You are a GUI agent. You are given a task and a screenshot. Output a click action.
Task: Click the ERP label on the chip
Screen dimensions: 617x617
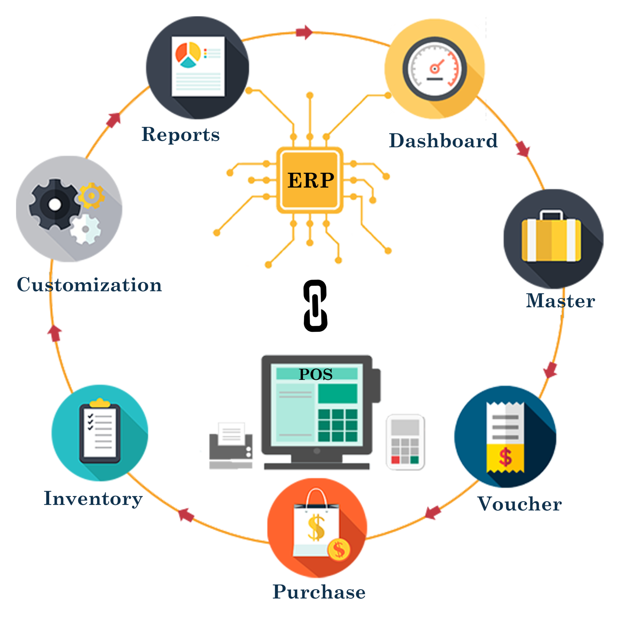pyautogui.click(x=310, y=180)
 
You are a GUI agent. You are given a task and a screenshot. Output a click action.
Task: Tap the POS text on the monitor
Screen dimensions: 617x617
pyautogui.click(x=315, y=374)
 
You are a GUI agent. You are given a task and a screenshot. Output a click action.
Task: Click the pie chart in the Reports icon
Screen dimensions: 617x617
pyautogui.click(x=188, y=55)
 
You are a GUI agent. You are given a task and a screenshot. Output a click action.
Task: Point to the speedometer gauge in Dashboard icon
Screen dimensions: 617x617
pyautogui.click(x=434, y=69)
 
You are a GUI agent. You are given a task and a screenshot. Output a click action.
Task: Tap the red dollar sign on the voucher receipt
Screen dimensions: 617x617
pyautogui.click(x=505, y=457)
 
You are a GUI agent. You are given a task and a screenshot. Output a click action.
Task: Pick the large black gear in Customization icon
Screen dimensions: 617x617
pyautogui.click(x=55, y=204)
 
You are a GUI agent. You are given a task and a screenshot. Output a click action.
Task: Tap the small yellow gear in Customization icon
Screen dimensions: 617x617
pyautogui.click(x=92, y=196)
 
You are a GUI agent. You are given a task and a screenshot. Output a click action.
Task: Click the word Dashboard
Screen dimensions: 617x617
pyautogui.click(x=443, y=141)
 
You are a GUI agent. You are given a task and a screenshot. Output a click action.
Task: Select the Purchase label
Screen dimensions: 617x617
pyautogui.click(x=319, y=592)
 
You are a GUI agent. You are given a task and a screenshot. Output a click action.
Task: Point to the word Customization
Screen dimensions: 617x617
pyautogui.click(x=89, y=285)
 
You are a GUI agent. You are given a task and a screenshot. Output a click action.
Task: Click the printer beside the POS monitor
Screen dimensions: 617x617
pyautogui.click(x=231, y=446)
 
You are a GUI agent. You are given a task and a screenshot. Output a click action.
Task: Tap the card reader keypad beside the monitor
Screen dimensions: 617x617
pyautogui.click(x=405, y=442)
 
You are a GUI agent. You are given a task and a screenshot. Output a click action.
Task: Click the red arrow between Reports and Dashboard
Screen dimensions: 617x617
pyautogui.click(x=304, y=32)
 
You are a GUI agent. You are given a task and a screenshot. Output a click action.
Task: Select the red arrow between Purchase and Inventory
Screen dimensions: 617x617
pyautogui.click(x=186, y=515)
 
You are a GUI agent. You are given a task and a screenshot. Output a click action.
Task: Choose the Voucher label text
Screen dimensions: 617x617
pyautogui.click(x=520, y=504)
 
